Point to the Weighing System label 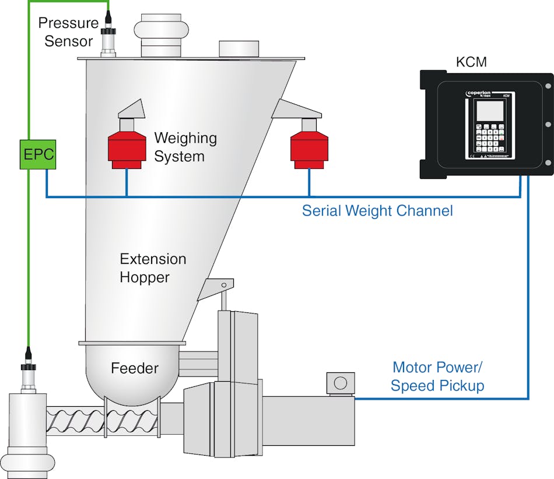click(x=185, y=147)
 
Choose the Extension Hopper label click(x=153, y=268)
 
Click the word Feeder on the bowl click(x=134, y=368)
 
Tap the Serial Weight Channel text click(x=377, y=210)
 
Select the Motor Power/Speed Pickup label click(x=437, y=376)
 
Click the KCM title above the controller click(x=471, y=62)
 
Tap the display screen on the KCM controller click(x=489, y=110)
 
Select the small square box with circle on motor click(x=340, y=383)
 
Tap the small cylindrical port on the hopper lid click(x=239, y=48)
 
